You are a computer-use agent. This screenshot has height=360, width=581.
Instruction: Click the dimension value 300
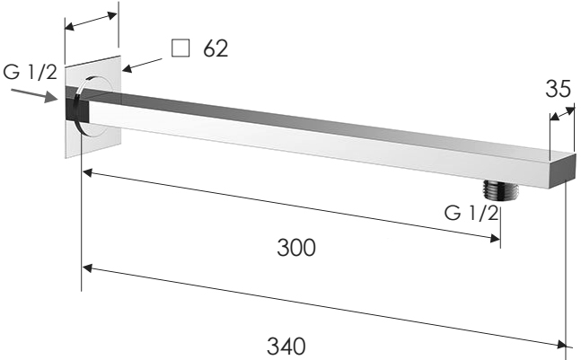click(296, 247)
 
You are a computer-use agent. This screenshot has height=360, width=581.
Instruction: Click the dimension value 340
click(286, 345)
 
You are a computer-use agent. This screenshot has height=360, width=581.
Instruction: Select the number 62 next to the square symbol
click(215, 48)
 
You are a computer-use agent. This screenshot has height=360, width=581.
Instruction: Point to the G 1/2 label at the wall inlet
click(30, 72)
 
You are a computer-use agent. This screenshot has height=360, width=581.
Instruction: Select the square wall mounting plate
click(92, 135)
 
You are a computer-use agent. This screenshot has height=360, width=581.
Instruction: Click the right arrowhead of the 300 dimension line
click(494, 238)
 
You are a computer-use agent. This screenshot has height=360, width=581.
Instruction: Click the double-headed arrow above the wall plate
click(91, 22)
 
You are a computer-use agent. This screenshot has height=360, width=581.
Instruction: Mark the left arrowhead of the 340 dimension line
click(86, 267)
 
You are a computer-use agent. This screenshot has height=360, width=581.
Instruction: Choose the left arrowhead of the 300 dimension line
click(86, 171)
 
